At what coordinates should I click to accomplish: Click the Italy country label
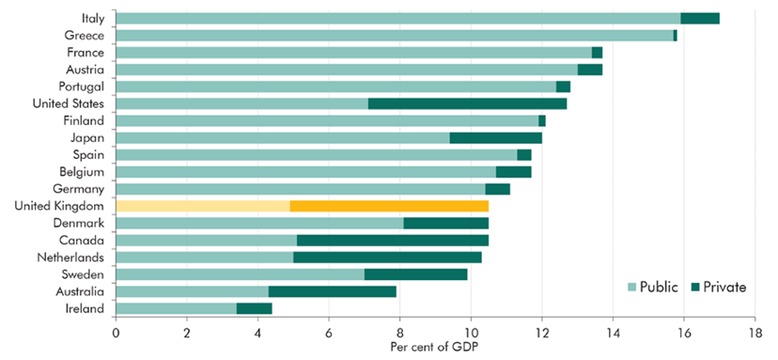[92, 18]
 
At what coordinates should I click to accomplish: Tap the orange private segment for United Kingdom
[389, 206]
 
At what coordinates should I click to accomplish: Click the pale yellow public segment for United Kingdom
[202, 206]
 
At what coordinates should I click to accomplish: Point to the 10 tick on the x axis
[471, 332]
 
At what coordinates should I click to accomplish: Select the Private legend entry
[721, 287]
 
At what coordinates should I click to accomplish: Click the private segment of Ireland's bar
[254, 307]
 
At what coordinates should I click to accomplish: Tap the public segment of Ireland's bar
[176, 307]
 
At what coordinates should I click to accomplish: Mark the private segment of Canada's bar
[392, 240]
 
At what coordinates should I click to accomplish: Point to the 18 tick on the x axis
[755, 332]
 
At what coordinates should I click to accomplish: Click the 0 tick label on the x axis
[116, 332]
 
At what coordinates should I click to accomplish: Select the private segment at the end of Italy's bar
[699, 18]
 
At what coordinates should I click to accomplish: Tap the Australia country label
[81, 290]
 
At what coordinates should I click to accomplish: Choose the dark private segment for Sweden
[415, 274]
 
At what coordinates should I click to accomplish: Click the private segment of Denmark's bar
[445, 223]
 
